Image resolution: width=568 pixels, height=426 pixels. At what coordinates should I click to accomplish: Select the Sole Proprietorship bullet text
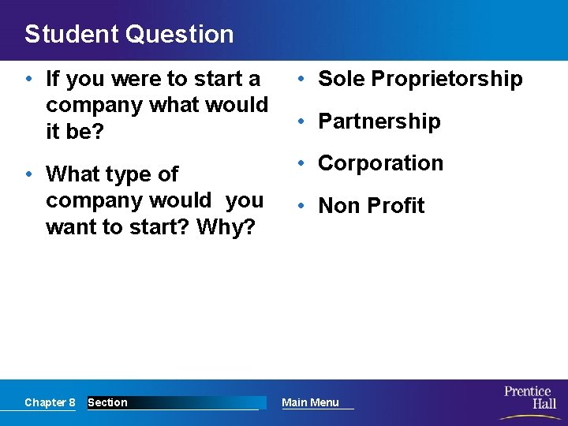tap(420, 79)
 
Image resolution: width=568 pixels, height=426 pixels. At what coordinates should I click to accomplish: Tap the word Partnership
tap(379, 121)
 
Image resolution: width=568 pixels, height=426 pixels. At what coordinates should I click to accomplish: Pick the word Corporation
tap(380, 163)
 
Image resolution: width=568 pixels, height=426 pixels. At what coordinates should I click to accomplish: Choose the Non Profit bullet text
tap(371, 206)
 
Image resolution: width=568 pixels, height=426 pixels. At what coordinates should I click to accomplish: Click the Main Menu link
tap(310, 402)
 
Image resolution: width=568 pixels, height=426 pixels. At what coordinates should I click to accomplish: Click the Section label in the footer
tap(107, 402)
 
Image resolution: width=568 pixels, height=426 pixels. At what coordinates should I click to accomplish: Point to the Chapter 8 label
tap(50, 402)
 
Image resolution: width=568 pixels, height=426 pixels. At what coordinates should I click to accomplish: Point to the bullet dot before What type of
tap(28, 174)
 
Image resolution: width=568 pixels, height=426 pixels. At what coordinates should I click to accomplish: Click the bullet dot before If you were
tap(28, 79)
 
